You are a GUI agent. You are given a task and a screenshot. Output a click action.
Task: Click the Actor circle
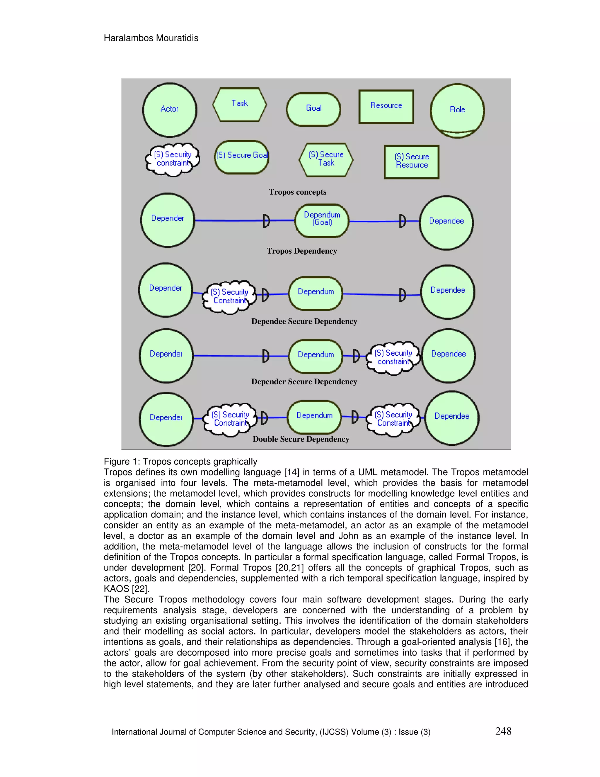coord(170,110)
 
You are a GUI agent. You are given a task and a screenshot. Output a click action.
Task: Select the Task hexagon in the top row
coord(240,104)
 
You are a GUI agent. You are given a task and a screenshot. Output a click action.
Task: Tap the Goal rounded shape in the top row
coord(313,109)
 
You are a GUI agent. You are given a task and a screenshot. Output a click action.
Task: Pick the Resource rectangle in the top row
coord(386,106)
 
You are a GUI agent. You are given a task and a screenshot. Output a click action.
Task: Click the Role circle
coord(457,110)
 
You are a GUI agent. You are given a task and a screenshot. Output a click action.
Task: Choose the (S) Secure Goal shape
coord(242,157)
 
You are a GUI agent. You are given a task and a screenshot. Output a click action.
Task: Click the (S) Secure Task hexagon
coord(326,160)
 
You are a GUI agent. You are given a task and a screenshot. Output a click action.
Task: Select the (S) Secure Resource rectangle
coord(412,162)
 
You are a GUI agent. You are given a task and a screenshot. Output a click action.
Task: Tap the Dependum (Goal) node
coord(322,220)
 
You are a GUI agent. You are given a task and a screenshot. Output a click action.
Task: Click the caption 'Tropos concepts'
coord(298,192)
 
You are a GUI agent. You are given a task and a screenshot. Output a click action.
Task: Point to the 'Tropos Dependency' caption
coord(302,251)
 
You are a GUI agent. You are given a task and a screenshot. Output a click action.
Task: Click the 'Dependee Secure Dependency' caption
coord(304,322)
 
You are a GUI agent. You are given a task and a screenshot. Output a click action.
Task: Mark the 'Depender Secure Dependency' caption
coord(304,382)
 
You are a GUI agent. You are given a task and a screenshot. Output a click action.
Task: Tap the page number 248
coord(503,731)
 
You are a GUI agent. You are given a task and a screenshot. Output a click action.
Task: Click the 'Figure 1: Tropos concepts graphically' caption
coord(180,462)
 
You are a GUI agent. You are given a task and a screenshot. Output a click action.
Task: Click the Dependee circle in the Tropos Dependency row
coord(446,222)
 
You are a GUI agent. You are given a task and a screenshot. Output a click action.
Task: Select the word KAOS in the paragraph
coord(116,589)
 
